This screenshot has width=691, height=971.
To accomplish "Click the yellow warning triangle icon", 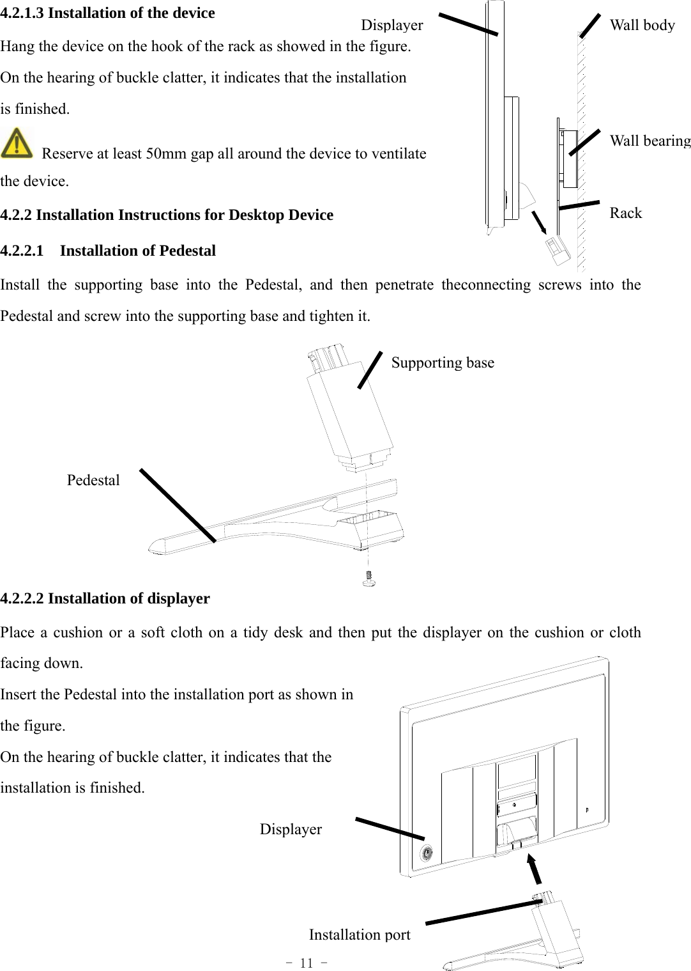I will click(x=17, y=143).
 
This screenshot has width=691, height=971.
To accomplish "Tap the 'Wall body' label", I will click(x=642, y=26).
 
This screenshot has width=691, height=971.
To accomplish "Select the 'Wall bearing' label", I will click(x=649, y=141).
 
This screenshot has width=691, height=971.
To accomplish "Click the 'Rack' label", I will click(x=625, y=214).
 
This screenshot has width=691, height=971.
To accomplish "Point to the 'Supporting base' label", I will click(x=443, y=363).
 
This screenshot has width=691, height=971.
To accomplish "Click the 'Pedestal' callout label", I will click(x=93, y=481).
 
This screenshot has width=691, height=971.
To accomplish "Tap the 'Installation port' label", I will click(x=360, y=935).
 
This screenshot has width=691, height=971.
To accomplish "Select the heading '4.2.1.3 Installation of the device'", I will click(x=107, y=13).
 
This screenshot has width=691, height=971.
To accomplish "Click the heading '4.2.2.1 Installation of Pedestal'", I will click(x=108, y=251).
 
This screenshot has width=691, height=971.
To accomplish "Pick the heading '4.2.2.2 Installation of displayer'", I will click(x=105, y=599).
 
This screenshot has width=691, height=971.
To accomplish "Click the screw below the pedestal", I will click(x=368, y=579).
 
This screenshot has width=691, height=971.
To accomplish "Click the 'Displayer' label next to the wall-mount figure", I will click(x=391, y=26).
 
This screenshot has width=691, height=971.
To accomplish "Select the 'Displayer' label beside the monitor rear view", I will click(x=291, y=830).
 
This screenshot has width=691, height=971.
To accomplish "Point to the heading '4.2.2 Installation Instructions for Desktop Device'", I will click(x=167, y=215).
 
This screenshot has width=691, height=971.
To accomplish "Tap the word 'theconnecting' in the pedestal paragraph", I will click(x=485, y=285).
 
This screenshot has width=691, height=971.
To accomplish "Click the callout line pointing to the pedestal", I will click(x=178, y=505).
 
